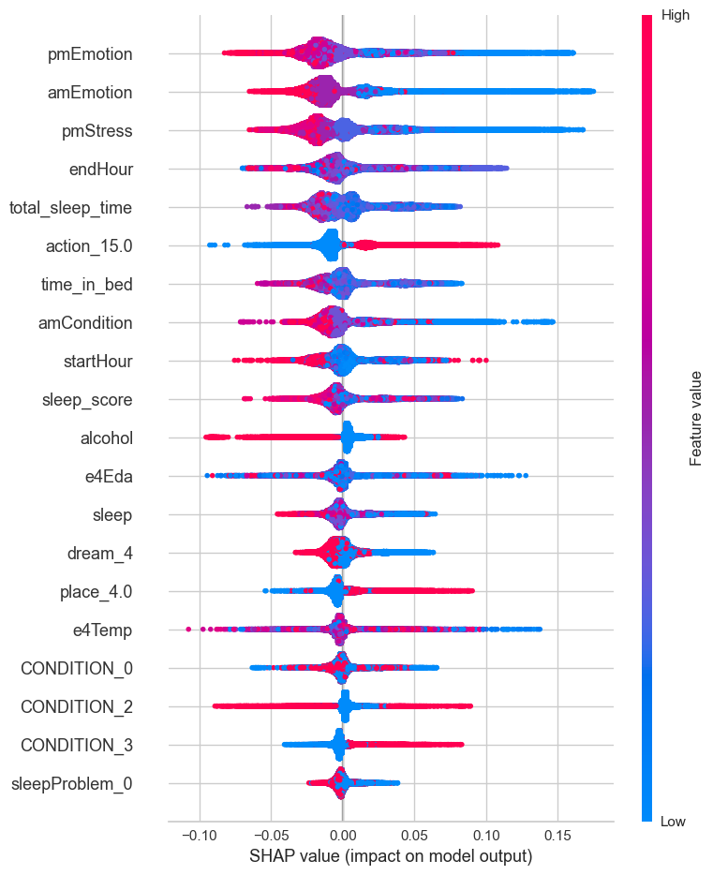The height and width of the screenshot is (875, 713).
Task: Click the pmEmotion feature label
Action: point(90,54)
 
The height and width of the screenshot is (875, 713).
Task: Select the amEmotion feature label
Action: point(90,93)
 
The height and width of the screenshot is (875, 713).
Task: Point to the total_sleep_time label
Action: point(70,207)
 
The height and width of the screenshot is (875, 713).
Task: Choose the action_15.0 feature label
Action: point(88,246)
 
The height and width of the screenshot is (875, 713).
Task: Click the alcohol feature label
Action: point(107,437)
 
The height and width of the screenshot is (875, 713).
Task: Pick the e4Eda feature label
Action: point(106,476)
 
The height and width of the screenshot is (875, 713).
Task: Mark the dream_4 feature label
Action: point(100,554)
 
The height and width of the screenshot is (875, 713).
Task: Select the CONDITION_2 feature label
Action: point(77,706)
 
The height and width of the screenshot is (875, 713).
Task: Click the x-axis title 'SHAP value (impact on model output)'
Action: point(391,856)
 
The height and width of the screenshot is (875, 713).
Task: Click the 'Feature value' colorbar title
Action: point(695,418)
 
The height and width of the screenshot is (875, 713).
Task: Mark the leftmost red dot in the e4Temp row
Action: point(189,629)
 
